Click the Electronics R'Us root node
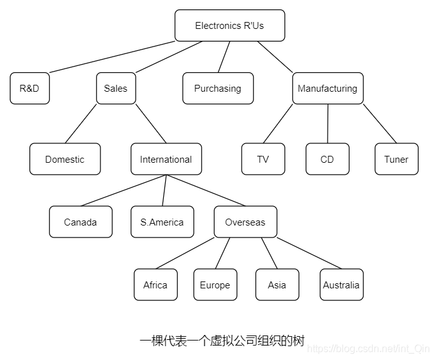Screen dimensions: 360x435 pyautogui.click(x=230, y=26)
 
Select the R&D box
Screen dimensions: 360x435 pyautogui.click(x=30, y=89)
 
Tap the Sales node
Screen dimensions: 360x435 pyautogui.click(x=115, y=89)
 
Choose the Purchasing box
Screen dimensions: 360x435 pyautogui.click(x=218, y=89)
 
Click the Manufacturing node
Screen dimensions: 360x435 pyautogui.click(x=327, y=89)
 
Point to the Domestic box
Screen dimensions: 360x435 pyautogui.click(x=65, y=160)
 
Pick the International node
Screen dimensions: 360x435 pyautogui.click(x=166, y=160)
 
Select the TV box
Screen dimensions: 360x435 pyautogui.click(x=263, y=160)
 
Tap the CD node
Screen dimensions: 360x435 pyautogui.click(x=327, y=160)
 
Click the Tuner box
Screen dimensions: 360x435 pyautogui.click(x=396, y=160)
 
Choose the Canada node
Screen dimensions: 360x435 pyautogui.click(x=80, y=222)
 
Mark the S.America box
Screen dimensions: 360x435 pyautogui.click(x=162, y=222)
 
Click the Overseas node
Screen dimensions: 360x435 pyautogui.click(x=245, y=222)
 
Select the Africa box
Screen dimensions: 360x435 pyautogui.click(x=155, y=285)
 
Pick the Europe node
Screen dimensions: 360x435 pyautogui.click(x=215, y=285)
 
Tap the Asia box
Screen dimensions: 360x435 pyautogui.click(x=277, y=285)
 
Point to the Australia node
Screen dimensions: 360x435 pyautogui.click(x=341, y=285)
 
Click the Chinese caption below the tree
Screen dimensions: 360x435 pyautogui.click(x=222, y=341)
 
